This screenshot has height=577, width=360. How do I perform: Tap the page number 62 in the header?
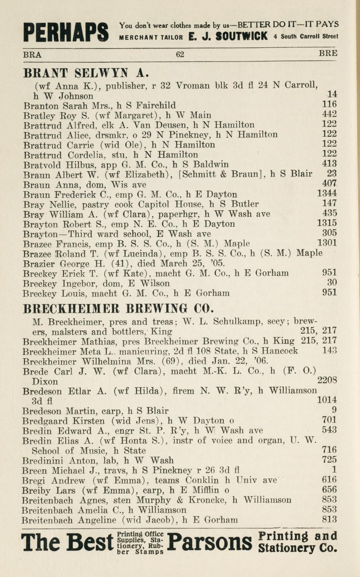[x=180, y=54]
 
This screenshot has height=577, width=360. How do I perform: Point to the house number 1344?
[x=327, y=194]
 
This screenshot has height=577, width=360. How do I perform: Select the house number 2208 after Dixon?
[x=327, y=381]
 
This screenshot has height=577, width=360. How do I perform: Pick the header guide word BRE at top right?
[x=328, y=54]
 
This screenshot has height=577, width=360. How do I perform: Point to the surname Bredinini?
[x=43, y=460]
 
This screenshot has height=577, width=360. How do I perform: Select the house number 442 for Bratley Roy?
[x=329, y=114]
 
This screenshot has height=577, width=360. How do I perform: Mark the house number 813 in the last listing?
[x=329, y=520]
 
